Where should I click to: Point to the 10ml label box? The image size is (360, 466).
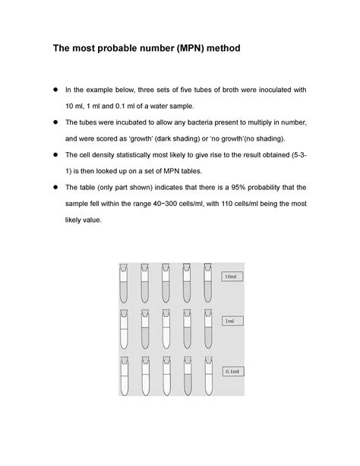230,276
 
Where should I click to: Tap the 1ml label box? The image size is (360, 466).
229,322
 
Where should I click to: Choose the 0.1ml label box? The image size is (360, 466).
231,371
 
